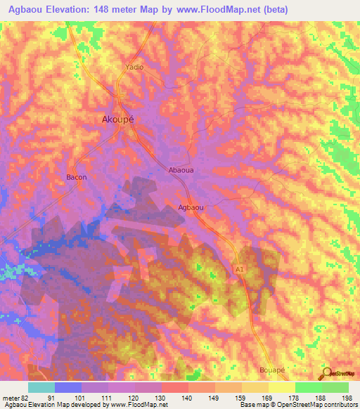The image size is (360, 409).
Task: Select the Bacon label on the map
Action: click(x=76, y=177)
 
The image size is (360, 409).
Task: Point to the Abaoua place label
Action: click(x=181, y=170)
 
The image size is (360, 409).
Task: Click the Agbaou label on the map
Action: click(x=191, y=207)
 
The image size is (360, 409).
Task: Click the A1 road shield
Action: click(x=240, y=268)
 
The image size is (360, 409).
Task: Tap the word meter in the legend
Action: click(x=11, y=397)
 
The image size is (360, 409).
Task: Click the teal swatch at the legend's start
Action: click(x=41, y=387)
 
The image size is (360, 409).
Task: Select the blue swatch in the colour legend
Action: click(x=68, y=387)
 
